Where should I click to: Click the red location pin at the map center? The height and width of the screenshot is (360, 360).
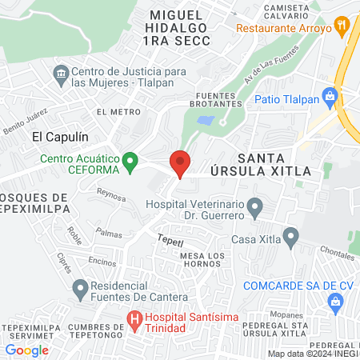(180, 162)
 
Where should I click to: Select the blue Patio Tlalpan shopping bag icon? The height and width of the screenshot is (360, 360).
(329, 98)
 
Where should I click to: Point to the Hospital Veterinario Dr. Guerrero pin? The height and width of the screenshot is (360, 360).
(255, 210)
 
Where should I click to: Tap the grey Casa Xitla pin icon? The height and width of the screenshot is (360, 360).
(291, 238)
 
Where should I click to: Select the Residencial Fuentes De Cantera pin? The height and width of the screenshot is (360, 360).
(80, 287)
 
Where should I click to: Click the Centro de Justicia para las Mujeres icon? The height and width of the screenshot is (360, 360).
(61, 76)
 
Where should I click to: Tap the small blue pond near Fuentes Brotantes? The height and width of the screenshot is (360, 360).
(206, 121)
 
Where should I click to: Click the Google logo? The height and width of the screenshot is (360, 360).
(27, 350)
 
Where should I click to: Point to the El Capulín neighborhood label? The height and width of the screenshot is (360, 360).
(58, 137)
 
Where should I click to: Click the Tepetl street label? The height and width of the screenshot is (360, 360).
(171, 239)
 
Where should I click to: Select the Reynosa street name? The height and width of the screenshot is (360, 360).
(111, 194)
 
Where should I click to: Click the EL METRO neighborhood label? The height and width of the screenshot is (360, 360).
(113, 113)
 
